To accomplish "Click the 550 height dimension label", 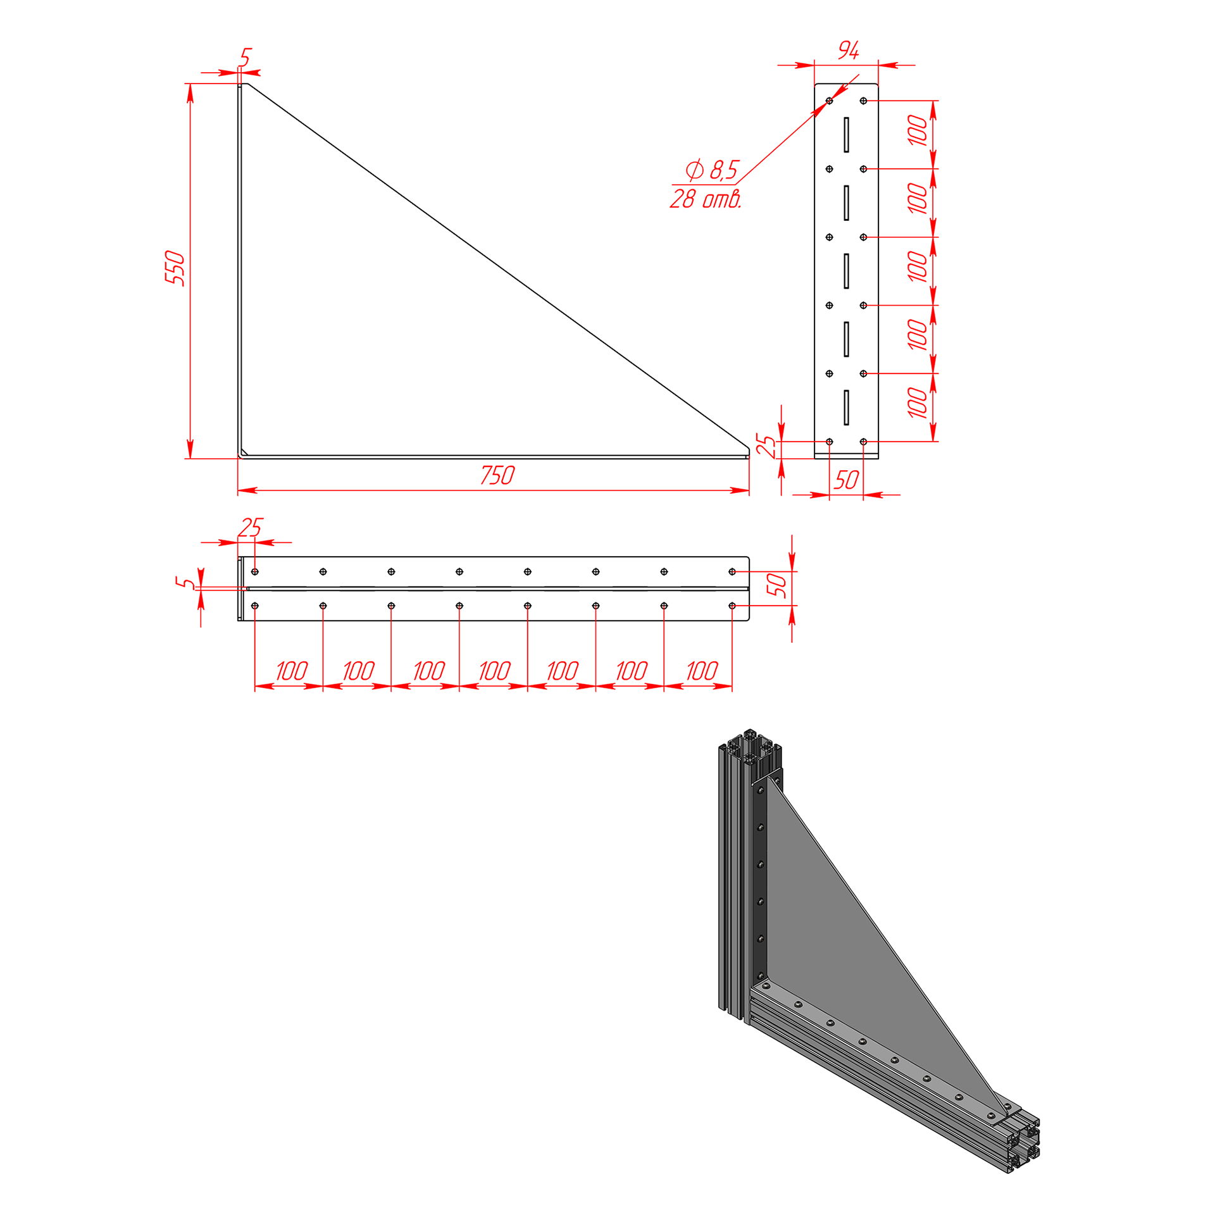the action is pos(175,268).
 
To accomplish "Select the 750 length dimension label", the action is pos(497,475).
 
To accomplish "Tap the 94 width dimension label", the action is pos(849,50).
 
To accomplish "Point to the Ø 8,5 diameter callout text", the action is pos(712,170).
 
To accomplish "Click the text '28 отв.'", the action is pos(706,199).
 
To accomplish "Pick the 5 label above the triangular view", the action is pos(246,57).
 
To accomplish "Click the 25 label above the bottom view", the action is pos(250,527).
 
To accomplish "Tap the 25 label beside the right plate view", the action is pos(766,445).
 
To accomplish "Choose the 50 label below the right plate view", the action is pos(846,480).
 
